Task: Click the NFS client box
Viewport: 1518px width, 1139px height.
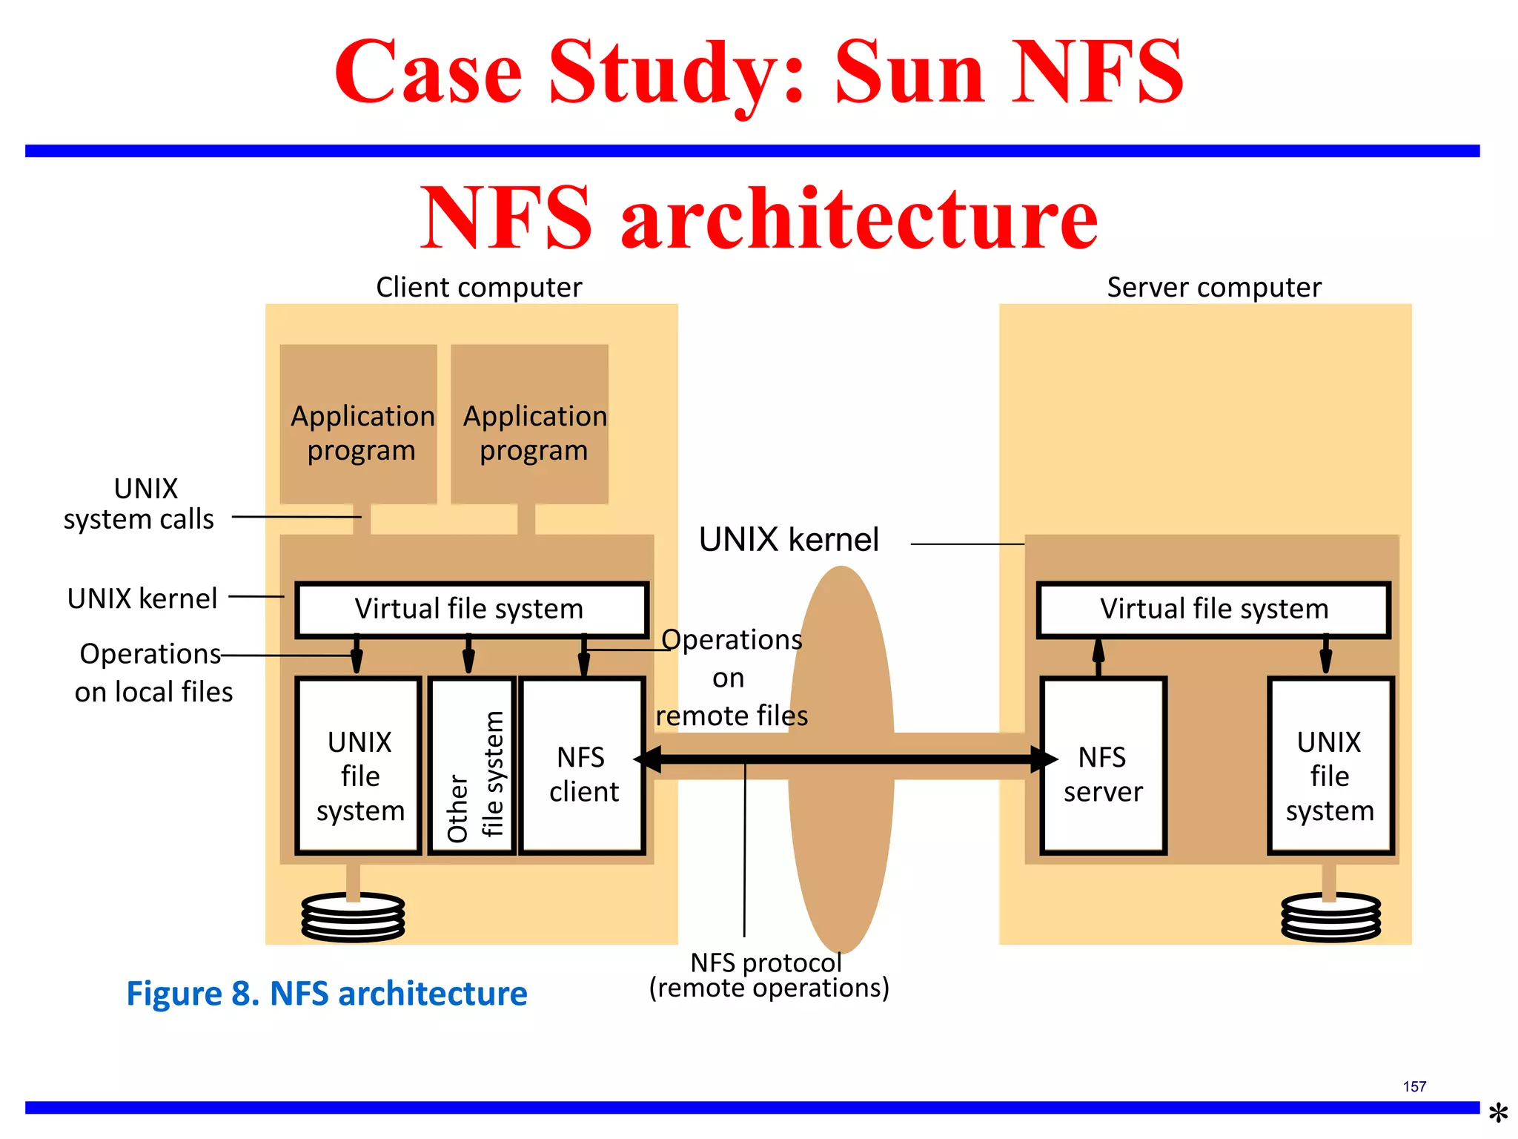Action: tap(583, 765)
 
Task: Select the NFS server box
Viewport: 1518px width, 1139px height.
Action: tap(1103, 765)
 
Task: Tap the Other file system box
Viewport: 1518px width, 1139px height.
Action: tap(472, 765)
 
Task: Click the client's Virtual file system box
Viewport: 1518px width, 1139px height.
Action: tap(471, 610)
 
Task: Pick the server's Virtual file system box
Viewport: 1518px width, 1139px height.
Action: tap(1213, 610)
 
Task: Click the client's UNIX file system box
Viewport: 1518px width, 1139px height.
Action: tap(359, 765)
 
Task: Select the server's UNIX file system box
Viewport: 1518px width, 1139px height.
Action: tap(1330, 765)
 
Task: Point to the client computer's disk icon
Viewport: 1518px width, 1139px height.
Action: tap(353, 917)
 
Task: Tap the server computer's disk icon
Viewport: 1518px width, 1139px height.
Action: tap(1330, 917)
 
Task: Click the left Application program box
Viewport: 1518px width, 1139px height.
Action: tap(359, 425)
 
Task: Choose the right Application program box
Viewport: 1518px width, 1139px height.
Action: tap(530, 425)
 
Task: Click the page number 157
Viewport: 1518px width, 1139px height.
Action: tap(1414, 1086)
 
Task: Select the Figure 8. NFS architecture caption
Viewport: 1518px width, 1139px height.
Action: tap(327, 994)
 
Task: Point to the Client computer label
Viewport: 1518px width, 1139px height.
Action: tap(479, 287)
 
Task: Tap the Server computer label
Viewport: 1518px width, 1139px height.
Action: tap(1213, 287)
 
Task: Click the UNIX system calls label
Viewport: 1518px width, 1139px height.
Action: tap(139, 504)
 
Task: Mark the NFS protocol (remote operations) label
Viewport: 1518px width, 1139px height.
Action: tap(769, 975)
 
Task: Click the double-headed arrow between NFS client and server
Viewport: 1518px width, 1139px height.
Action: tap(845, 759)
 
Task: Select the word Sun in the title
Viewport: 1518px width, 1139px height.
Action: tap(909, 72)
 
